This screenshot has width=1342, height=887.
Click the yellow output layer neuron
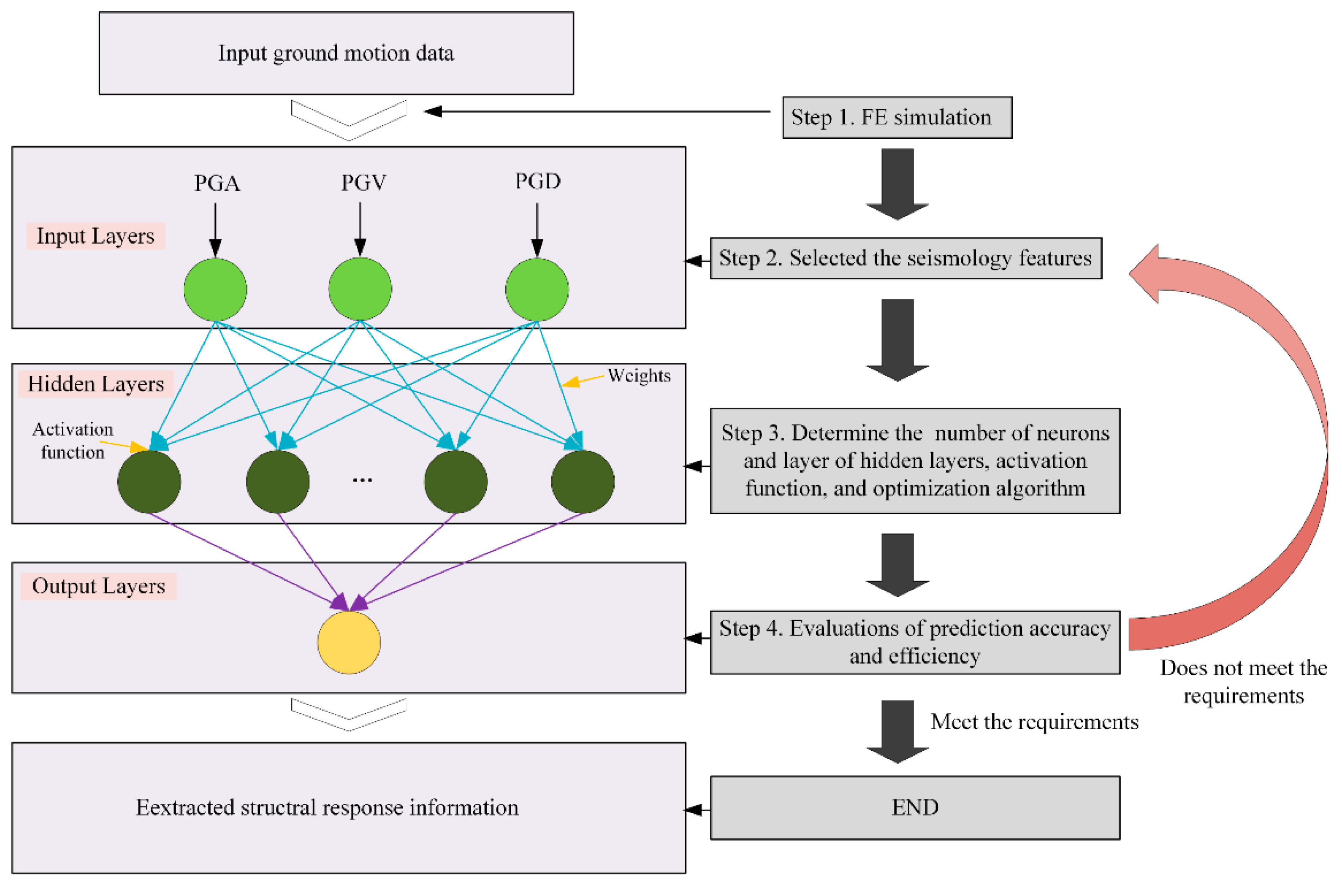coord(349,642)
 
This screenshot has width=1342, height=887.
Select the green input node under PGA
coord(215,289)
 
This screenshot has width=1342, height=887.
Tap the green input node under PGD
coord(537,289)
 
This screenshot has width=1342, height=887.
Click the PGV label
coord(363,182)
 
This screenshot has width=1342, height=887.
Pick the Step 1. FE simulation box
coord(897,117)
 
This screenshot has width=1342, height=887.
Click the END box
coord(914,807)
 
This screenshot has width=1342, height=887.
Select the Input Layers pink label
coord(95,236)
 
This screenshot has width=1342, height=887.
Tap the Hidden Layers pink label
coord(95,384)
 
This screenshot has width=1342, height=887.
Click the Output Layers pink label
coord(98,586)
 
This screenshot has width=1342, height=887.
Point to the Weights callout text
coord(639,375)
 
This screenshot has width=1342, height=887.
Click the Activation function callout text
coord(73,440)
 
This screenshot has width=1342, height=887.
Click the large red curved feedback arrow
coord(1296,452)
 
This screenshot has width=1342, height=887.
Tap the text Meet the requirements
coord(1034,722)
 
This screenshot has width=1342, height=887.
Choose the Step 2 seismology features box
coord(905,258)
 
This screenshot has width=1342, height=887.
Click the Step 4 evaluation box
coord(914,642)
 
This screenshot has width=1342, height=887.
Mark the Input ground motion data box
coord(336,53)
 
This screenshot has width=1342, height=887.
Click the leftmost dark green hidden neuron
coord(149,481)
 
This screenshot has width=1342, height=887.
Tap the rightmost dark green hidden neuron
coord(582,481)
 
